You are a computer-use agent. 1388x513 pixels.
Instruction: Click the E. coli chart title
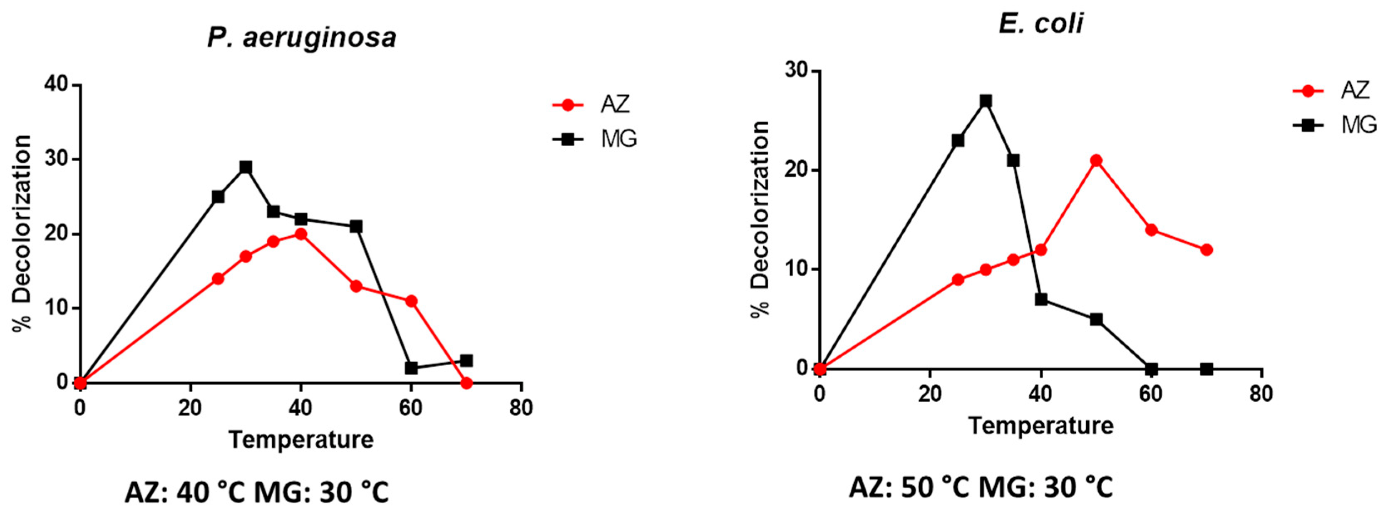pos(1040,24)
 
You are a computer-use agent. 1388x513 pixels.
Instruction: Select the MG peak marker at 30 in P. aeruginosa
pos(246,167)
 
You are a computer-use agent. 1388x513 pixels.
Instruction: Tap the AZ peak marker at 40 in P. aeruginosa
pos(300,234)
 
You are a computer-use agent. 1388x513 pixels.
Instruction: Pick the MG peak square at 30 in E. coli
pos(986,101)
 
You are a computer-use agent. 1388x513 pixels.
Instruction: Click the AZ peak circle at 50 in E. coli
pos(1095,161)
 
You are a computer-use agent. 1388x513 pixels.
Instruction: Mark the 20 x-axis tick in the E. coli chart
pos(930,394)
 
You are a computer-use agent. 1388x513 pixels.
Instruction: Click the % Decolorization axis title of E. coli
pos(761,219)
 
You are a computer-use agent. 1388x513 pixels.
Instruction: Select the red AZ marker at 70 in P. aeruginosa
pos(467,383)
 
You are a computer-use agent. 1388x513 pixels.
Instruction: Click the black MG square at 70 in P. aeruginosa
pos(467,360)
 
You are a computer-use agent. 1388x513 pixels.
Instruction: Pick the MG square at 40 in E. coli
pos(1041,299)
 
